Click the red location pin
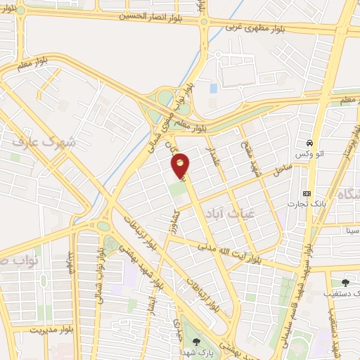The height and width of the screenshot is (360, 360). click(181, 165)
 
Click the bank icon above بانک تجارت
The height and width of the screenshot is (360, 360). click(307, 193)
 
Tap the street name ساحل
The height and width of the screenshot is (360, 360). click(283, 169)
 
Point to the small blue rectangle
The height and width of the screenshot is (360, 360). click(213, 89)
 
